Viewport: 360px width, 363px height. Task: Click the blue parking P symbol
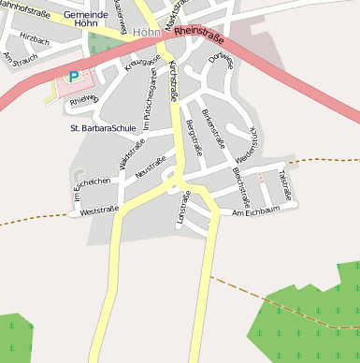(x=73, y=77)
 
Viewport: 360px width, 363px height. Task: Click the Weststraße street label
(x=99, y=211)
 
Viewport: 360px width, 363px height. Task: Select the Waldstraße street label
(x=125, y=154)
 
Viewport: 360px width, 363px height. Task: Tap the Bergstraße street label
(x=194, y=137)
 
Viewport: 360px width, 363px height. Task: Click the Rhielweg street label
(x=83, y=100)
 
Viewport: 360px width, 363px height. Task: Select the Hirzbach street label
(x=34, y=41)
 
